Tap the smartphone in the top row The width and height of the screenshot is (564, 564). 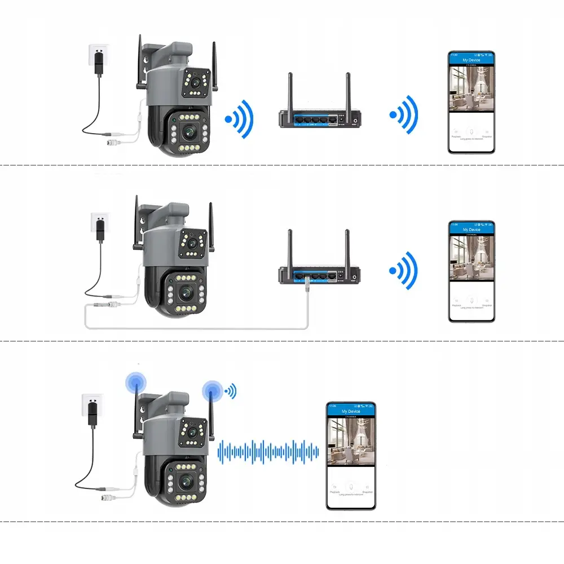tap(471, 102)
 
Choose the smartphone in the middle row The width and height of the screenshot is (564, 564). tap(471, 271)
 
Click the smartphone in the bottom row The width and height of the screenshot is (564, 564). tap(351, 456)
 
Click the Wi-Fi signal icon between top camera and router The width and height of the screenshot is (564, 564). tap(240, 118)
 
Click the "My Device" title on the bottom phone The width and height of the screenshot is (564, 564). tap(351, 411)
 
